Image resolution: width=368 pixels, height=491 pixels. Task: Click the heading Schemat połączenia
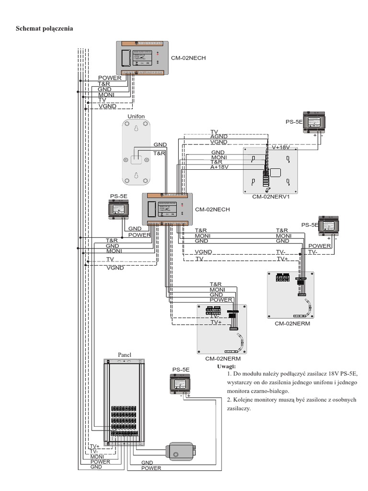tap(45, 29)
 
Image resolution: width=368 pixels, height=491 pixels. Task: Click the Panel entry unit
tap(126, 403)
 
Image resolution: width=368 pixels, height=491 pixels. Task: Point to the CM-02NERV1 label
tap(272, 197)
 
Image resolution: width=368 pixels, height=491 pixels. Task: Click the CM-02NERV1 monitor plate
tap(270, 170)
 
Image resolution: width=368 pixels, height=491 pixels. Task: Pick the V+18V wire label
tap(281, 147)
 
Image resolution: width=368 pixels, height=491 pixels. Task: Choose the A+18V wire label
tap(219, 167)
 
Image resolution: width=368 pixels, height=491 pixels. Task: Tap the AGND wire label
tap(219, 137)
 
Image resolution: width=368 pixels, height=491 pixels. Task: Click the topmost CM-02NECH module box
tap(142, 58)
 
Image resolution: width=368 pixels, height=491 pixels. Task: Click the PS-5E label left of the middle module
tap(119, 196)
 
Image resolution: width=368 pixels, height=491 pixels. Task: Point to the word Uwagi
tap(227, 366)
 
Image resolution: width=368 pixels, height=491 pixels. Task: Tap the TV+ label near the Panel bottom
tap(95, 446)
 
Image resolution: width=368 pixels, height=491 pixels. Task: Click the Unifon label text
tap(136, 116)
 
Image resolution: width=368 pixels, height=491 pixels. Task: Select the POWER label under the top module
tap(110, 78)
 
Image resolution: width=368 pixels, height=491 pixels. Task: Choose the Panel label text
tap(125, 354)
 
